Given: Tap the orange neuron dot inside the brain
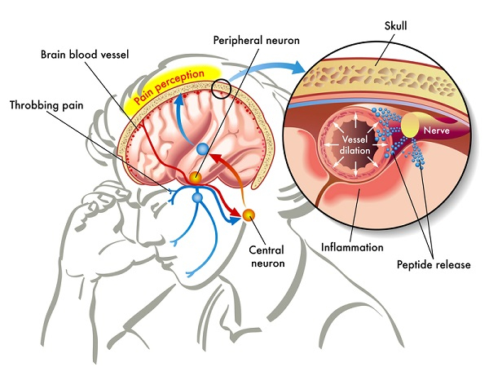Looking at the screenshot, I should click(196, 177).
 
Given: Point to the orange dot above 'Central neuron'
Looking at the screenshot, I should click(249, 214).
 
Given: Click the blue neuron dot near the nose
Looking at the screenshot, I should click(196, 198).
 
